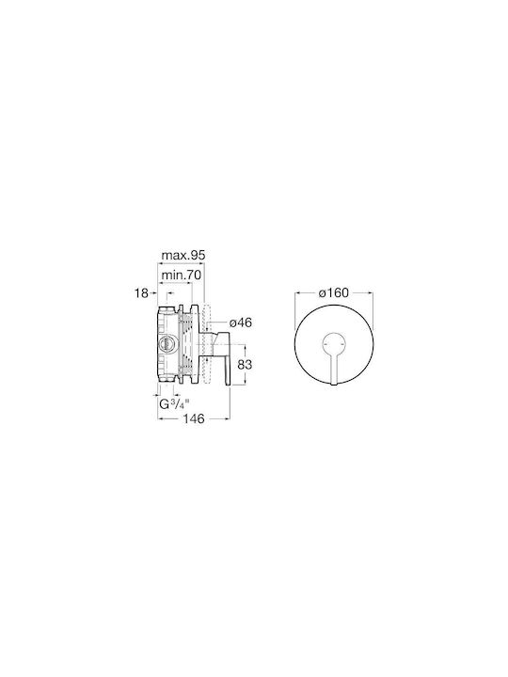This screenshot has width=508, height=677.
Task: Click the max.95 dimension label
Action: coord(183,255)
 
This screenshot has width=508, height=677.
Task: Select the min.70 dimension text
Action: coord(181,275)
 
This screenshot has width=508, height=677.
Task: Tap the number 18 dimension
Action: coord(141,293)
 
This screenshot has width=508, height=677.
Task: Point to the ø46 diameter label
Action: coord(241,323)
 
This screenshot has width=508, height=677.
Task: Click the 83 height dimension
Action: coord(245,365)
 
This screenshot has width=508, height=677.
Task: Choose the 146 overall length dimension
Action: coord(193,418)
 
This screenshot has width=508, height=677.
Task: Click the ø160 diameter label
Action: coord(333,292)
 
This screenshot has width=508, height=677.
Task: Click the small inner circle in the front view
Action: coord(334,334)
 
